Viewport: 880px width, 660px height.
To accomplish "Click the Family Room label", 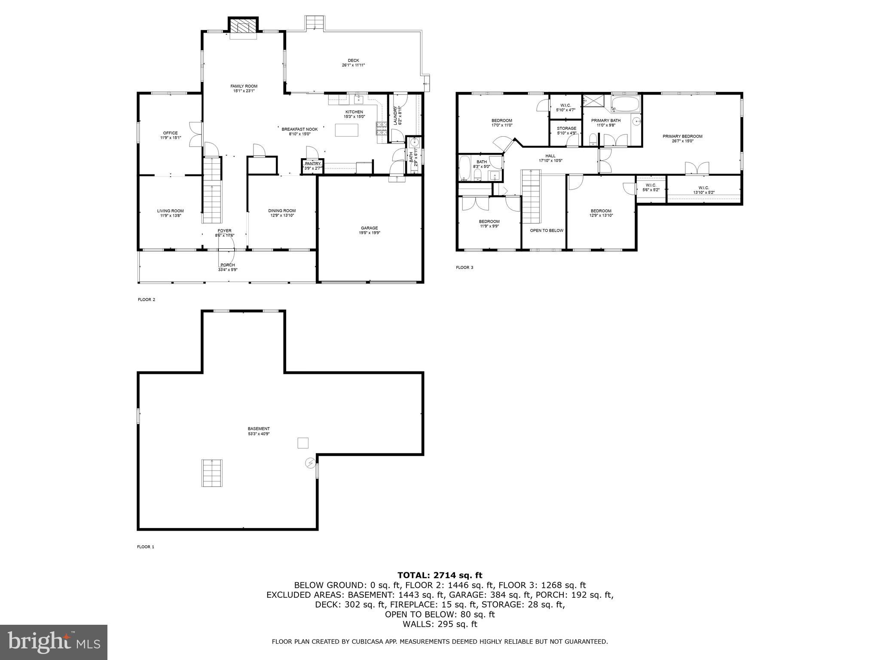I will click(x=244, y=86).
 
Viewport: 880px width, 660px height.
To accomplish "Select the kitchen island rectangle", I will click(x=347, y=130).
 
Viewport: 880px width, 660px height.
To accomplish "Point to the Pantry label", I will click(x=312, y=164).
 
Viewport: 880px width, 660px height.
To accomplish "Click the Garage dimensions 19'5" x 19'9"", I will click(x=370, y=233).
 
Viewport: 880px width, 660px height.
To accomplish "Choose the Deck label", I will click(x=353, y=61).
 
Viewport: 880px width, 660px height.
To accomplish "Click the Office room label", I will click(x=170, y=133).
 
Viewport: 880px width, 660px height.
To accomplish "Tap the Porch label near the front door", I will click(x=227, y=265).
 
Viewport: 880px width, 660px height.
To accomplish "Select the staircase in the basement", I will click(x=212, y=473).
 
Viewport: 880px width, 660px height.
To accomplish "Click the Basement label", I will click(x=259, y=429).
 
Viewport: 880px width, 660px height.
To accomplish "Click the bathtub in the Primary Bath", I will click(x=626, y=104).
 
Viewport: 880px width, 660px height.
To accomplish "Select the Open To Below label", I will click(x=547, y=231).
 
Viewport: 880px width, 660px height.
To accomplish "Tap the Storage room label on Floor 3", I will click(x=566, y=128).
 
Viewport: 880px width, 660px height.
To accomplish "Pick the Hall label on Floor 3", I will click(x=550, y=156).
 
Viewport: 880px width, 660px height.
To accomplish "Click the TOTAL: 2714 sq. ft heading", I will click(x=440, y=575).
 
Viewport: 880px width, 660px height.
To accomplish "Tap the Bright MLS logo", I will click(x=54, y=642).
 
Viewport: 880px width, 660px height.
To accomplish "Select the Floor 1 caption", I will click(x=145, y=547).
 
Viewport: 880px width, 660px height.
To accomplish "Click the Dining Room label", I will click(x=282, y=211).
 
